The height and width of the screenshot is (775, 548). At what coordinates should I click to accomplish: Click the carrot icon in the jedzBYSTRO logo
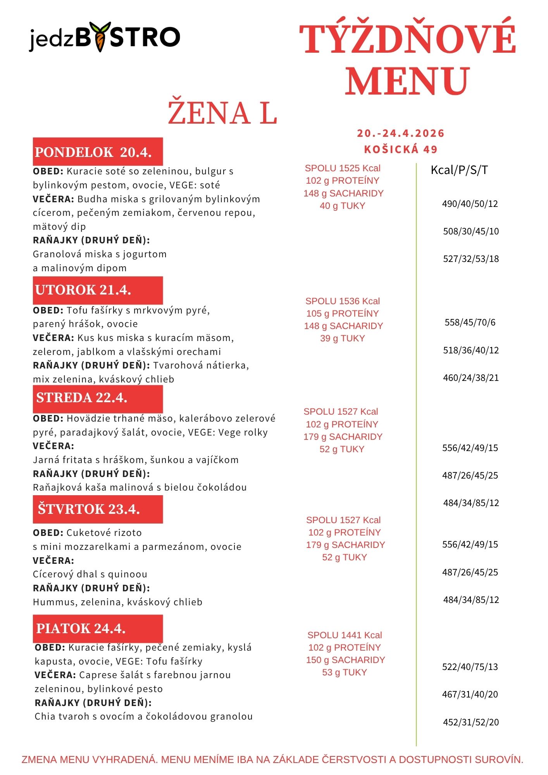tap(100, 37)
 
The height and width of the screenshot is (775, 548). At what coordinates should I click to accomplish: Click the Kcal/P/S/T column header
tap(459, 170)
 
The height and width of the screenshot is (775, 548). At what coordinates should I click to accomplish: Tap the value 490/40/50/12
tap(470, 204)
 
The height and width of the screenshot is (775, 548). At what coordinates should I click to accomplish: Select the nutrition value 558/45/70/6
tap(470, 322)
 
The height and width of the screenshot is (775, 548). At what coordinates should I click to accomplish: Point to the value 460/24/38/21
tap(470, 378)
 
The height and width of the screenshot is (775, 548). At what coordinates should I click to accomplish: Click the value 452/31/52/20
tap(470, 722)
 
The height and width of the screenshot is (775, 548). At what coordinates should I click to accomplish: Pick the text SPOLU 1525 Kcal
tap(343, 168)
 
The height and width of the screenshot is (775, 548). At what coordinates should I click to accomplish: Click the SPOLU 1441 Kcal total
tap(345, 635)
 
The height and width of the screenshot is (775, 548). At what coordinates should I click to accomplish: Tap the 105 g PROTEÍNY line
tap(342, 313)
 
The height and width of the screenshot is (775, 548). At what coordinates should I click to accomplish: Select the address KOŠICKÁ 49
tap(401, 150)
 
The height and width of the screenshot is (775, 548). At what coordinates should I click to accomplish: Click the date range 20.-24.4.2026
tap(401, 133)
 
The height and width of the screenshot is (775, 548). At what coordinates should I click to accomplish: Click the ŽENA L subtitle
tap(222, 113)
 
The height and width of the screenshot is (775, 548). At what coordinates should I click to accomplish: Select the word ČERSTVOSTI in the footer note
tap(353, 759)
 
